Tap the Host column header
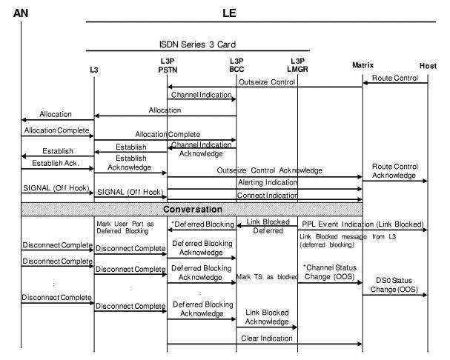(428, 66)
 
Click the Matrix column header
(363, 66)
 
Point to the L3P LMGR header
(298, 65)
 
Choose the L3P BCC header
(236, 65)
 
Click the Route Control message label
(395, 77)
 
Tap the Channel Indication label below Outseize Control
(201, 96)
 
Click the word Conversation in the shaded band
(193, 209)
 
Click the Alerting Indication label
(268, 181)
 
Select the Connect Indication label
(267, 195)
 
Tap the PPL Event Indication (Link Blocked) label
(362, 224)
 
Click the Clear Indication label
(267, 339)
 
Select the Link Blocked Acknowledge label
(267, 316)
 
